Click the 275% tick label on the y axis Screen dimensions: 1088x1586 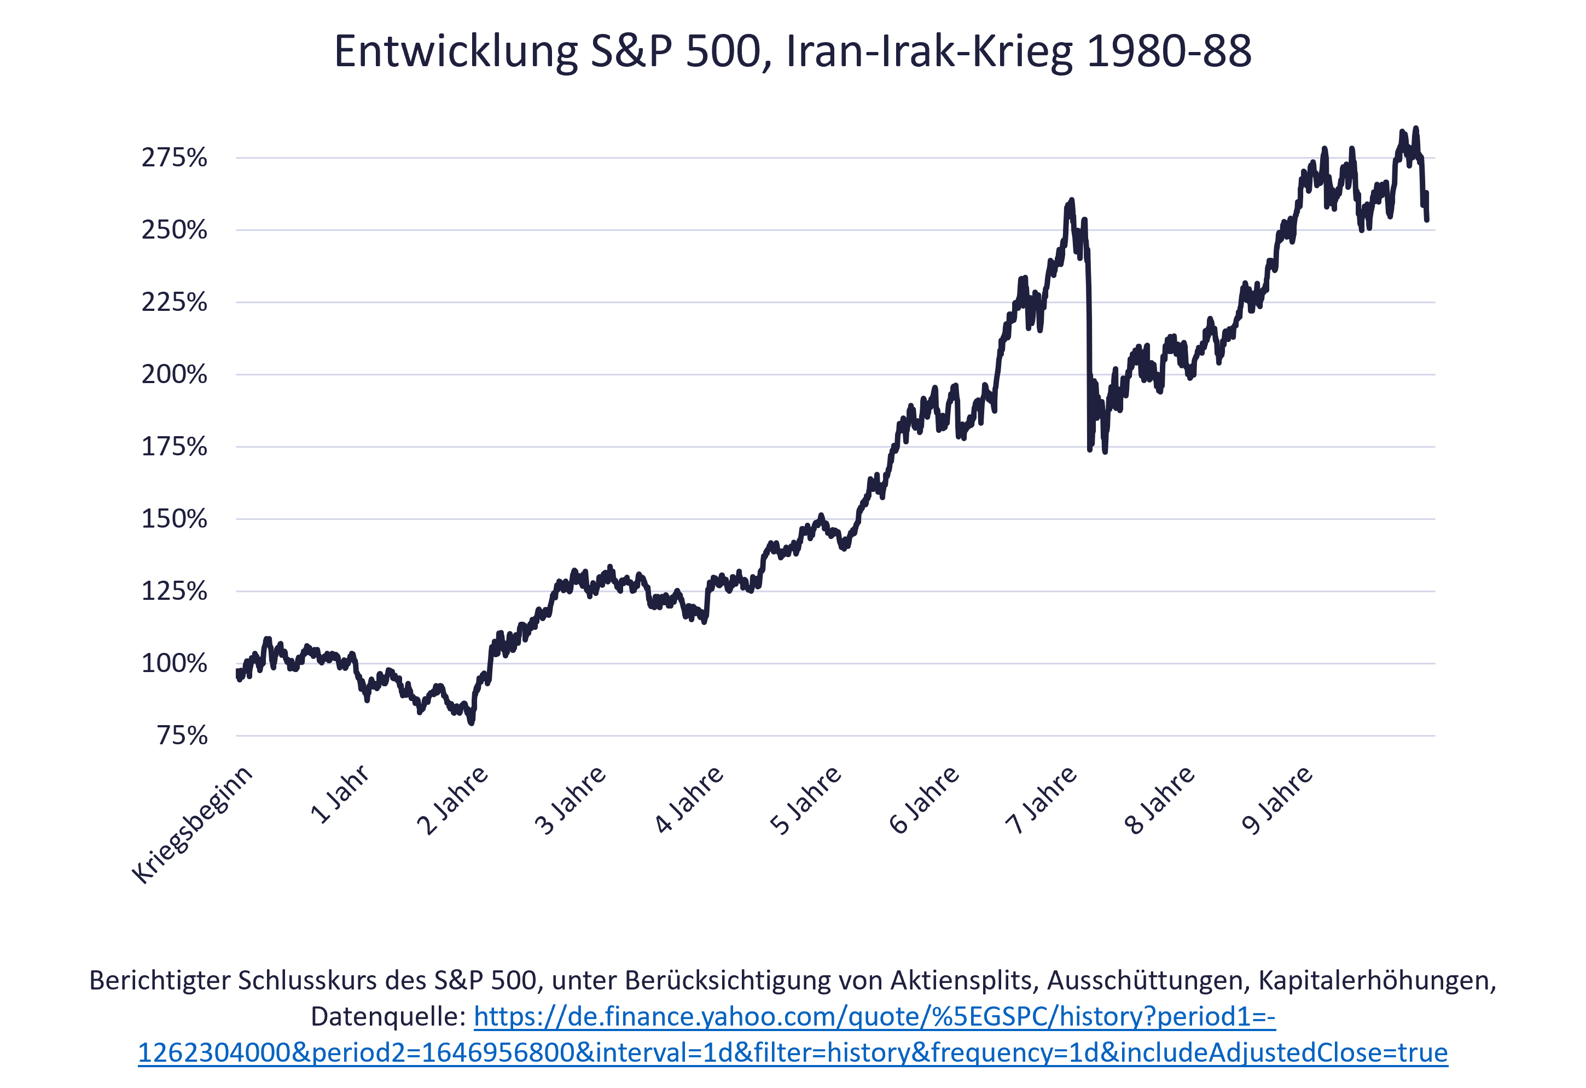point(174,158)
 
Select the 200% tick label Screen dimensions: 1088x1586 point(174,375)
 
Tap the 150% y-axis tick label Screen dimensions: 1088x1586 point(174,519)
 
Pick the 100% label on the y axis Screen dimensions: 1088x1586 point(174,663)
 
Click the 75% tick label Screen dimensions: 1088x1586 point(182,736)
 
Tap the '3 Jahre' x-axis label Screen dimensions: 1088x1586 point(571,800)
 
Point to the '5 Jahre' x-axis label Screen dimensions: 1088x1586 point(806,800)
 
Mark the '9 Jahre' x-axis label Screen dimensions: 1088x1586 point(1277,800)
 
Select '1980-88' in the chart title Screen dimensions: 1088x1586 point(1169,52)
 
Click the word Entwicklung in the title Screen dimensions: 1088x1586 point(456,52)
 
